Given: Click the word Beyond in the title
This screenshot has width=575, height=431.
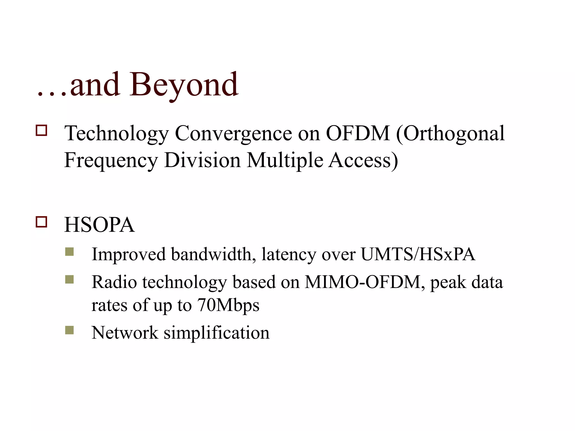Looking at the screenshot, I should tap(184, 85).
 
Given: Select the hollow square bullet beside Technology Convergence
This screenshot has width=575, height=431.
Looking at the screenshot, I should tap(41, 130).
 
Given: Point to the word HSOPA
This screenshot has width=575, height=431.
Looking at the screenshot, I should tap(99, 225).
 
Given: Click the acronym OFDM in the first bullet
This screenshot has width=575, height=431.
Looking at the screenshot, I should tap(358, 133).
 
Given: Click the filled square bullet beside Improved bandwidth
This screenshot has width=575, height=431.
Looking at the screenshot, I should tap(69, 252).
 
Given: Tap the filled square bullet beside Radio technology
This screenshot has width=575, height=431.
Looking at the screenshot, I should tap(69, 279).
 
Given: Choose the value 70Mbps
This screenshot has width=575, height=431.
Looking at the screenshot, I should tap(228, 305).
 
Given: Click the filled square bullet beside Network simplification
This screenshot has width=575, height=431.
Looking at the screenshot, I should tap(69, 330).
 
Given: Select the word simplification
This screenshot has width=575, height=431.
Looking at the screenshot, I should tap(216, 333).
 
